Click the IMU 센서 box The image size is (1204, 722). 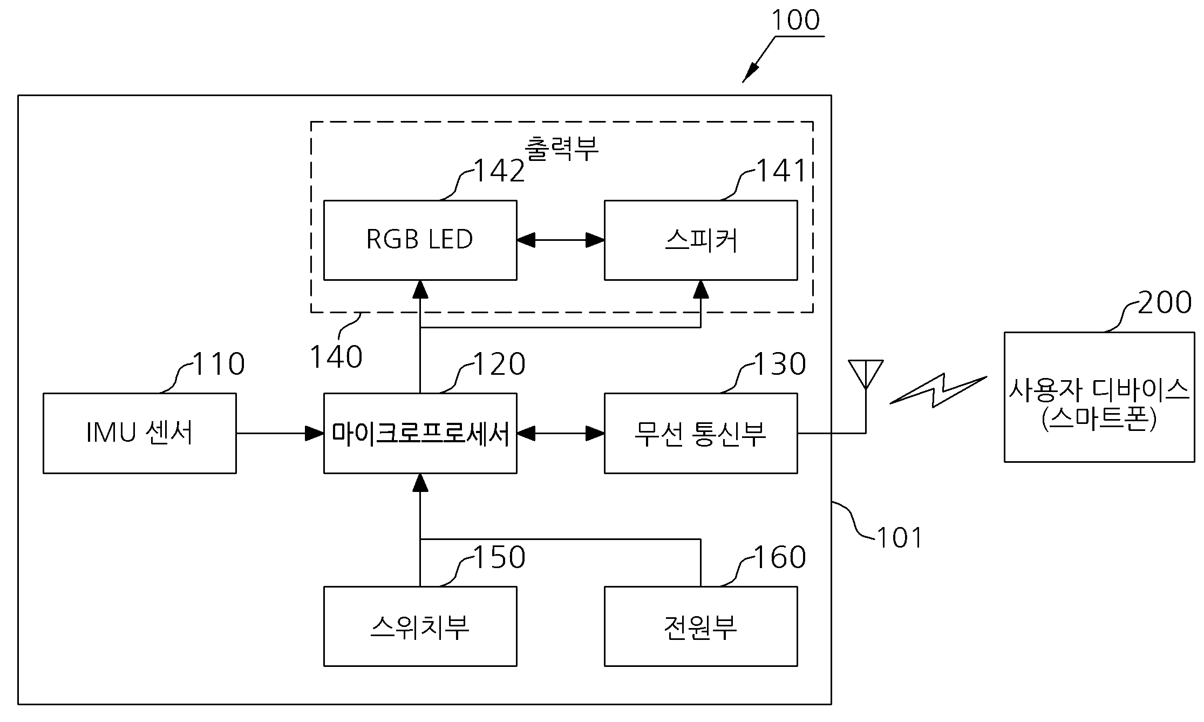coord(140,433)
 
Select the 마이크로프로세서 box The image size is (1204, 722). coord(420,433)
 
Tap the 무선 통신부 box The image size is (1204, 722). coord(701,433)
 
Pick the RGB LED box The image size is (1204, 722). coord(420,240)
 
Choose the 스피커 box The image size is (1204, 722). coord(701,240)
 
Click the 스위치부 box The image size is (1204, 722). coord(420,626)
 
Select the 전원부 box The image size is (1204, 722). coord(701,626)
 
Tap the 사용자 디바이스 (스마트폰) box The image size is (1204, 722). coord(1099,397)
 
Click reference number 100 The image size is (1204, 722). coord(795,20)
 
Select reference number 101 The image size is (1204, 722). coord(900,538)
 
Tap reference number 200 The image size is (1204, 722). coord(1165,302)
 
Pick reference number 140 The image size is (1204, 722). coord(336,357)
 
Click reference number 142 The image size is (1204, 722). coord(499,171)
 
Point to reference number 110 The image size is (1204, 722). coord(219,364)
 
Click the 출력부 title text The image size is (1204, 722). coord(562,148)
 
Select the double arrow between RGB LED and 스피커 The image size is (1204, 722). coord(561,240)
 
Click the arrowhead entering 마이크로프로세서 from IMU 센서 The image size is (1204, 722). coord(315,433)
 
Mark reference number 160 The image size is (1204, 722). coord(780,557)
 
